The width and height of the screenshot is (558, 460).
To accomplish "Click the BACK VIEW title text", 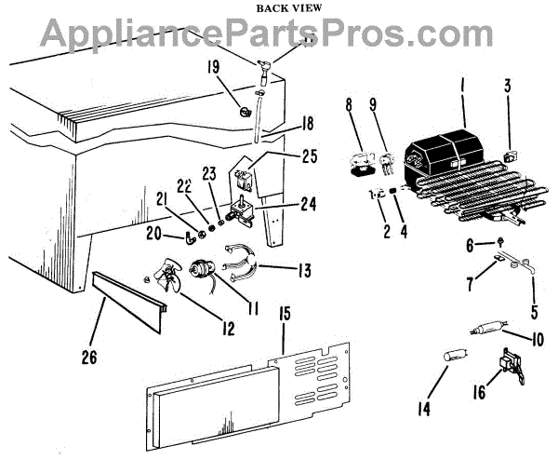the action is pyautogui.click(x=278, y=8).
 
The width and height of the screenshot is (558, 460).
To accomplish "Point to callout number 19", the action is pyautogui.click(x=214, y=67).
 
